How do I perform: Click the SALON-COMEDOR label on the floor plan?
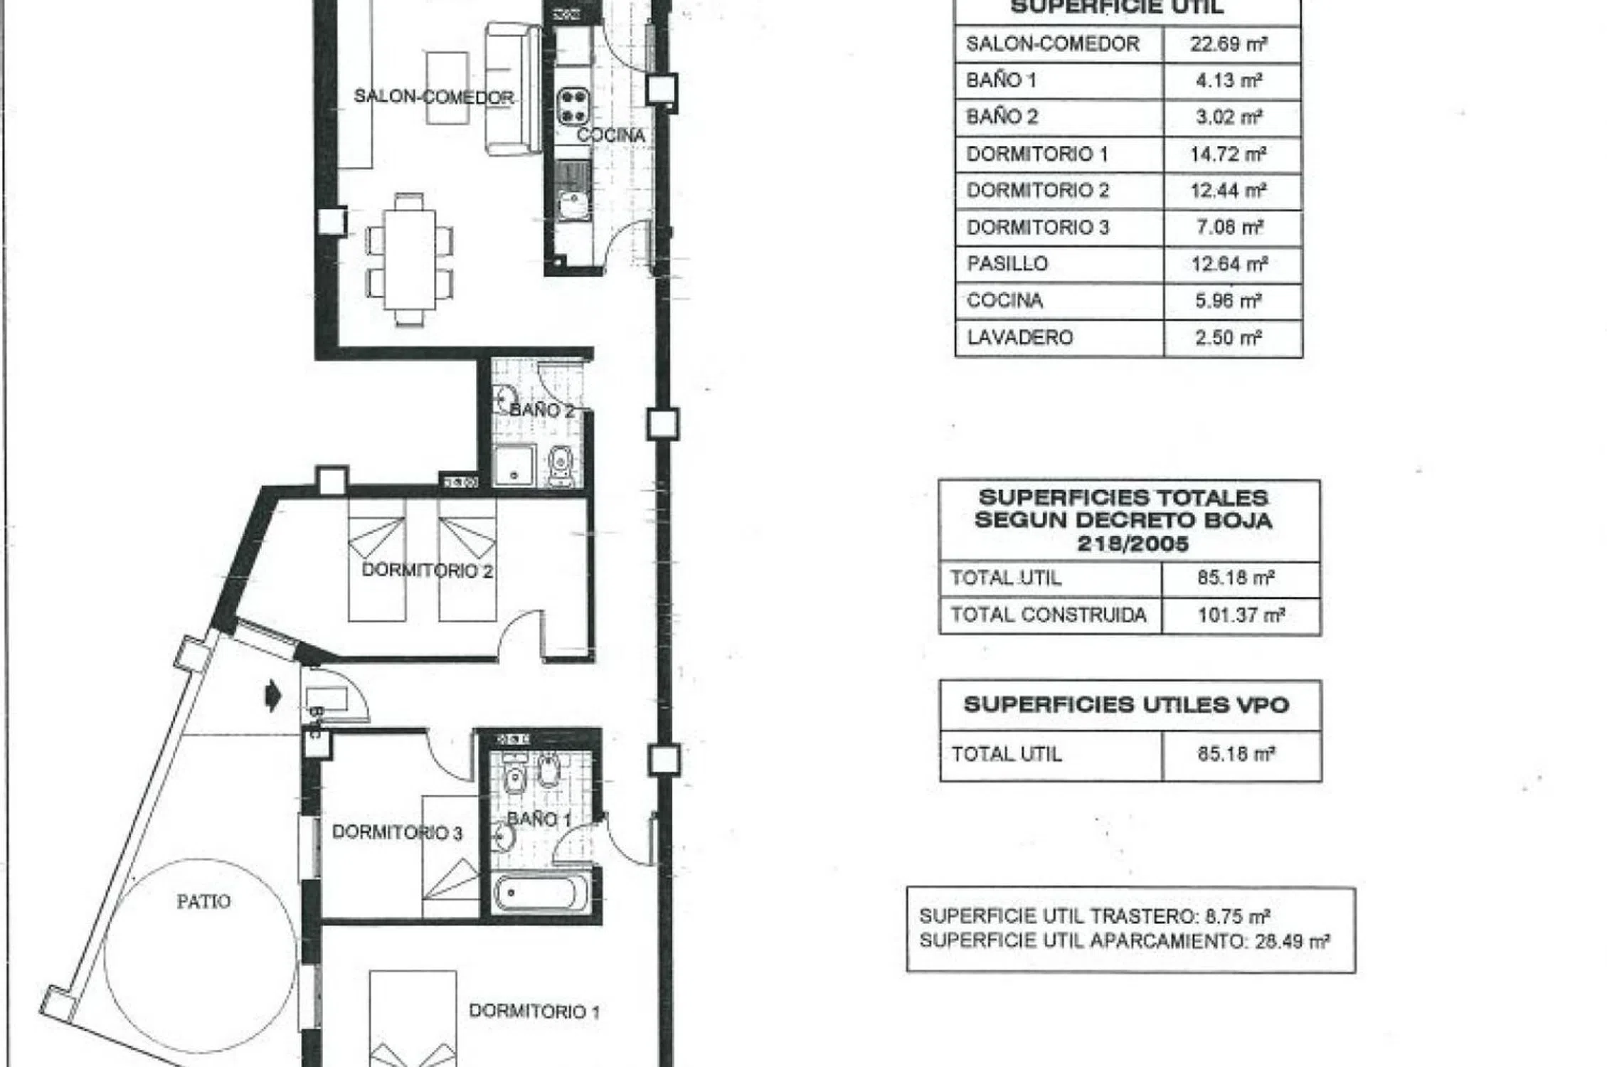[434, 97]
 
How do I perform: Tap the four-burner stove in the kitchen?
[573, 105]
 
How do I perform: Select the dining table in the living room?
[410, 259]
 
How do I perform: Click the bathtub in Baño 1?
[542, 892]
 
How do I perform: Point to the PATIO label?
[203, 902]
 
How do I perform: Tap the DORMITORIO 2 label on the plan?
[427, 570]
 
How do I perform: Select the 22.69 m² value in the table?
[1229, 44]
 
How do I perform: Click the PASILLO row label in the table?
[1007, 264]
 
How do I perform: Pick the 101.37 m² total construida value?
[1241, 615]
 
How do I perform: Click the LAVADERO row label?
[1019, 337]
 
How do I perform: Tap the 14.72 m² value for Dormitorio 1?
[1229, 154]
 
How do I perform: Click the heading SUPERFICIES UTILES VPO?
[1126, 705]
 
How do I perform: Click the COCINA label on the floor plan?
[610, 135]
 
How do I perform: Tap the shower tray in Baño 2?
[514, 465]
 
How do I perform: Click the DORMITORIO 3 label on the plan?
[397, 832]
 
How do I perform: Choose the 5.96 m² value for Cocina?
[1229, 300]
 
